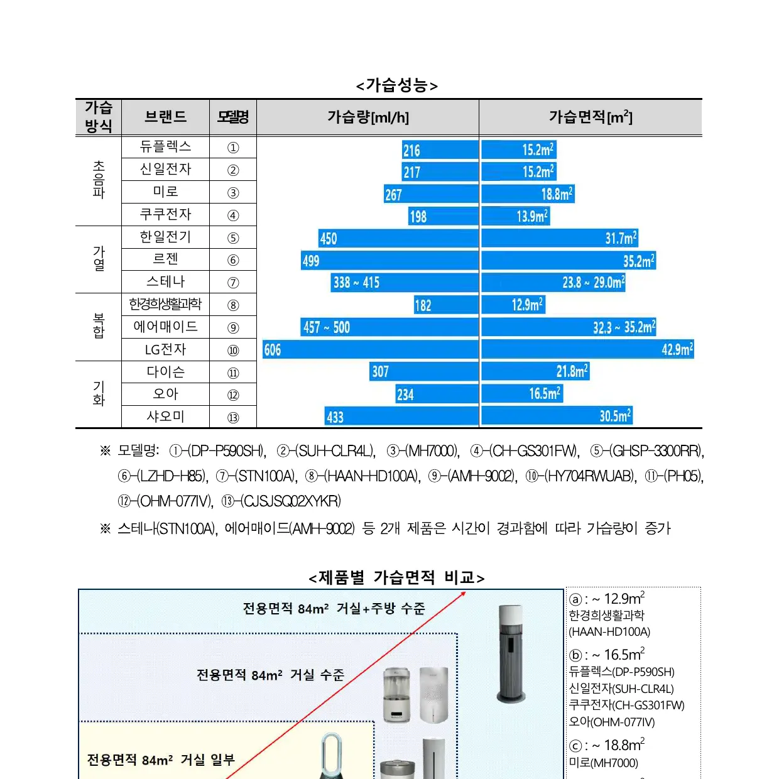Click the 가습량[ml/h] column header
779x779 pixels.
[x=368, y=117]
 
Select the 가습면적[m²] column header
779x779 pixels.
[x=590, y=117]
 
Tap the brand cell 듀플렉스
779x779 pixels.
[x=165, y=147]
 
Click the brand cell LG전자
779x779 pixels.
[x=165, y=349]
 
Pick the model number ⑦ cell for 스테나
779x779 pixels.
[x=233, y=283]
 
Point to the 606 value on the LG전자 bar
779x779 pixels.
[x=273, y=350]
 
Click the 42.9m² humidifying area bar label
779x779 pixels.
[x=677, y=350]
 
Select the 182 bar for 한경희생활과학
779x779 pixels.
[x=423, y=305]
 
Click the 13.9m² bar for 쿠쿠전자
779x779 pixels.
[x=532, y=217]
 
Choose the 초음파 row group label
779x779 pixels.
[x=99, y=180]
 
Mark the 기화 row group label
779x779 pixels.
[x=99, y=394]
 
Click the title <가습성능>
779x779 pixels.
[x=396, y=85]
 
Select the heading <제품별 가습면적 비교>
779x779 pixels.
[x=396, y=577]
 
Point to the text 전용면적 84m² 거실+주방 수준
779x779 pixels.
[x=334, y=609]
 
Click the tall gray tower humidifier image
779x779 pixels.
[x=511, y=653]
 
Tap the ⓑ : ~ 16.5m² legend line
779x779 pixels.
[x=607, y=655]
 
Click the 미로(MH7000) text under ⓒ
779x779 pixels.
[x=603, y=763]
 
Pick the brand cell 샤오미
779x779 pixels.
[x=165, y=417]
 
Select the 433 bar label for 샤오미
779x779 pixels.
[x=335, y=417]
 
